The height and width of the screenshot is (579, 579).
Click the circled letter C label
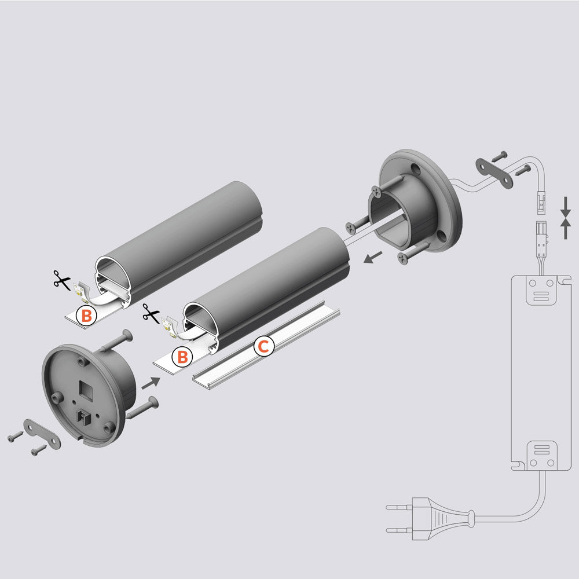[263, 347]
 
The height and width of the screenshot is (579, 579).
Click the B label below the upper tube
[86, 316]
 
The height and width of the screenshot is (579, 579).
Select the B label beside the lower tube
[182, 357]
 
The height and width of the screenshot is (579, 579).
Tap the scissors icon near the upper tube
[60, 279]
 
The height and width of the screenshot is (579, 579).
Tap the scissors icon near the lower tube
[151, 316]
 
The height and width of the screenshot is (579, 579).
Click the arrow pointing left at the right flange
[373, 257]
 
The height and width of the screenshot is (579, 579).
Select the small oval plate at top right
[494, 173]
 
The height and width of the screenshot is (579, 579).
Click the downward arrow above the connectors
[566, 206]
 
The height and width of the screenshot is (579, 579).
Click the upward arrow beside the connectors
[566, 229]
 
